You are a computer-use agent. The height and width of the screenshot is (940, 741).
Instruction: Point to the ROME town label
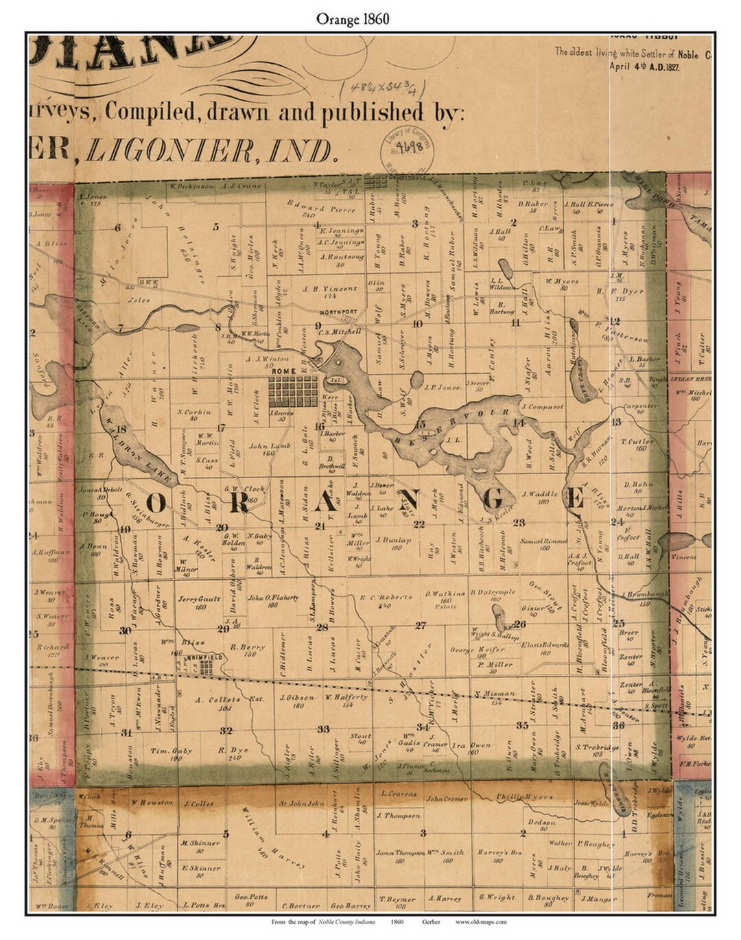(283, 371)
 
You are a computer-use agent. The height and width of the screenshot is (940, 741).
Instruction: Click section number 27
(421, 625)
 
